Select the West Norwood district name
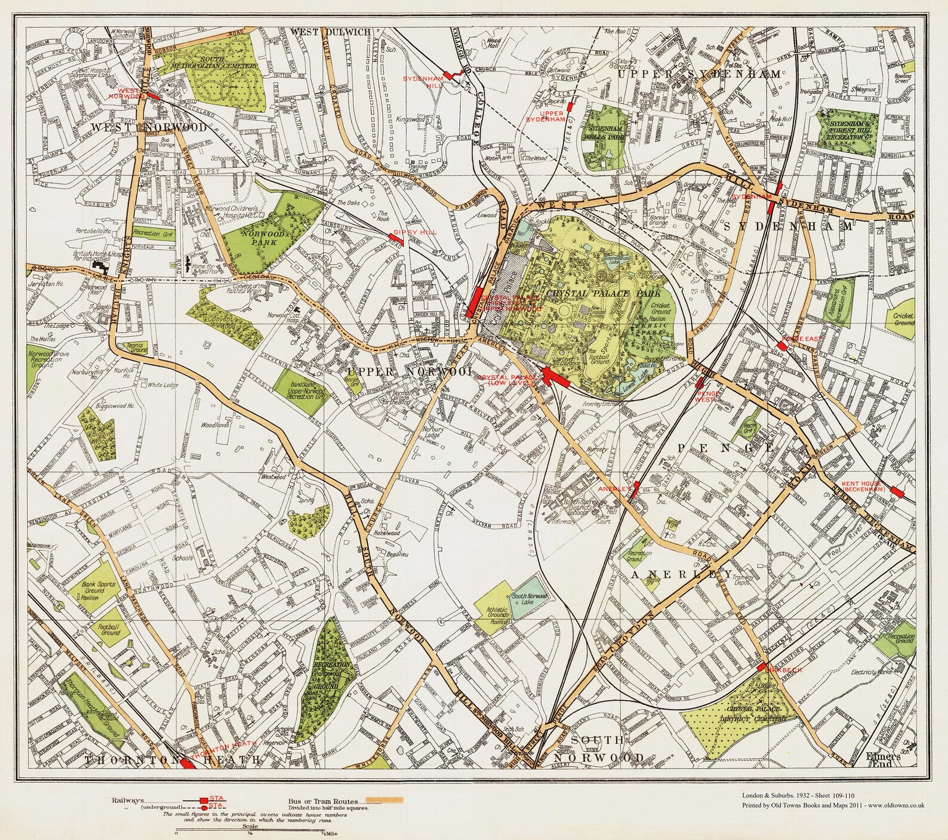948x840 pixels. point(149,128)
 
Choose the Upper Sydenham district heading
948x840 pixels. point(699,75)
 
